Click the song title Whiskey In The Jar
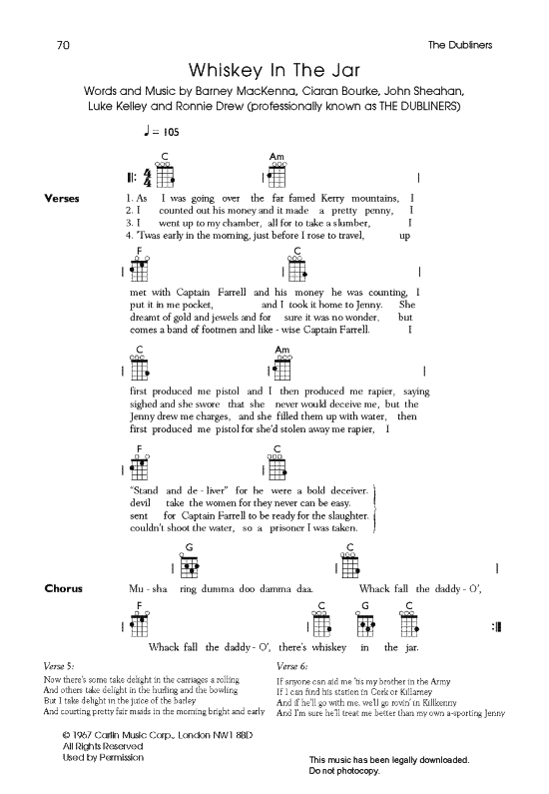pos(274,71)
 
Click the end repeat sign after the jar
pos(496,627)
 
